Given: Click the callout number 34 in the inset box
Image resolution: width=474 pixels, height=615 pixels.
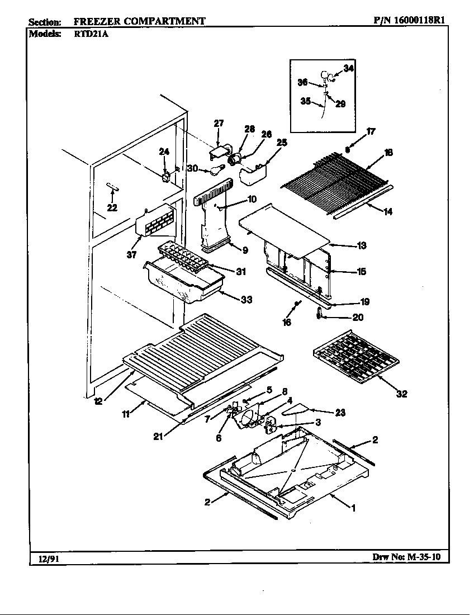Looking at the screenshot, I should [348, 68].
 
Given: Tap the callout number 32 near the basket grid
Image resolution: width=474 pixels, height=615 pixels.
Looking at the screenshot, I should [401, 394].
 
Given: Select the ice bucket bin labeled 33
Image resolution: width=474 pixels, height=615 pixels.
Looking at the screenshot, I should [179, 282].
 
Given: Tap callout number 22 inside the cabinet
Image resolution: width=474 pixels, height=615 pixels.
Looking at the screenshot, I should [112, 208].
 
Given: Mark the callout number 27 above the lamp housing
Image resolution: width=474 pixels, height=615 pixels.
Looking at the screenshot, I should [219, 123].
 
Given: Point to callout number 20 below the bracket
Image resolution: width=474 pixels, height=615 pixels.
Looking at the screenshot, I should [358, 317].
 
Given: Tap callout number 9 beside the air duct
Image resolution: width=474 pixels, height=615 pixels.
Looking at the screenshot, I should [245, 250].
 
